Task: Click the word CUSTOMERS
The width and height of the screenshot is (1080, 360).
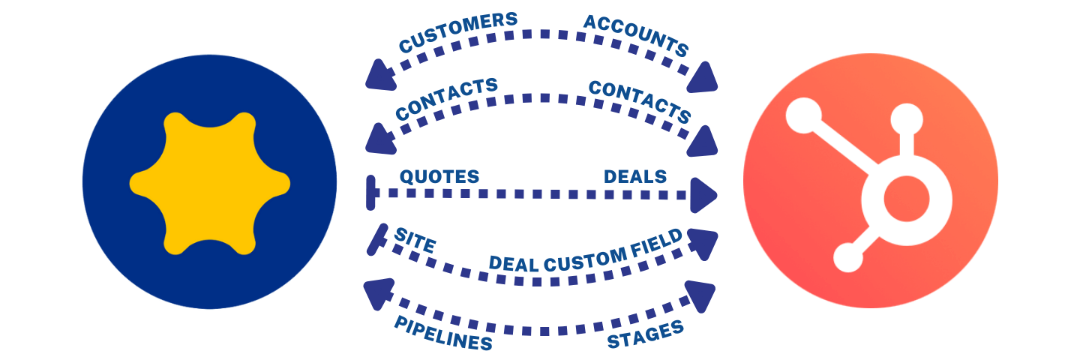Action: (457, 32)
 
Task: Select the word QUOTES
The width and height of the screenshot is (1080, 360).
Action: (439, 176)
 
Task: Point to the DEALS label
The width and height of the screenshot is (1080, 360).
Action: (635, 176)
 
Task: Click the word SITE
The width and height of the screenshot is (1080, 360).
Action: (415, 240)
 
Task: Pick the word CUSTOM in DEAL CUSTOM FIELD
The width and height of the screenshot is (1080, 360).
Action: (583, 258)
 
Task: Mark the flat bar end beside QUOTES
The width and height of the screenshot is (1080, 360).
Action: (369, 193)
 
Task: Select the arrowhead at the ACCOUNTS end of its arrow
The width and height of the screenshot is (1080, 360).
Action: (705, 76)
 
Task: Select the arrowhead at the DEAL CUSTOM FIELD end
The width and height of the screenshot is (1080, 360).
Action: (700, 242)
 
